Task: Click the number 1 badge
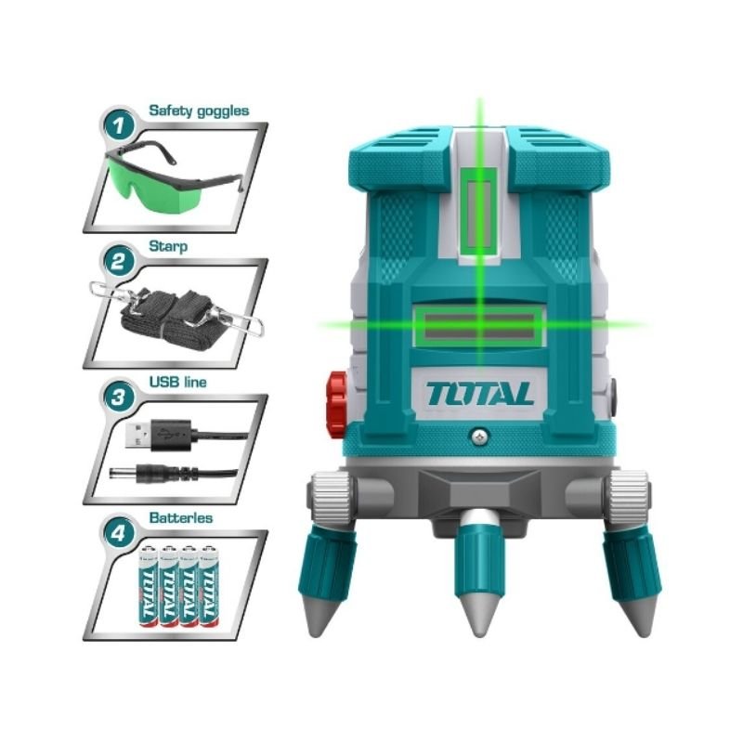[x=118, y=125]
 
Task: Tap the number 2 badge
[x=118, y=261]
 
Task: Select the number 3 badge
[x=118, y=398]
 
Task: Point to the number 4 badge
[x=118, y=533]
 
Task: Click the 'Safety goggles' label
[x=199, y=111]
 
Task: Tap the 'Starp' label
[x=168, y=246]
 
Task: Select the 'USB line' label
[x=177, y=382]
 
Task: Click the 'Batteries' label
[x=181, y=517]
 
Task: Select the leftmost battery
[x=148, y=587]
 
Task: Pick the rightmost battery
[x=209, y=587]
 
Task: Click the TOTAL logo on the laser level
[x=479, y=394]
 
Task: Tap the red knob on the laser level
[x=336, y=404]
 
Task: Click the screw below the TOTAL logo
[x=480, y=436]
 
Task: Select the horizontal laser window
[x=479, y=326]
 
